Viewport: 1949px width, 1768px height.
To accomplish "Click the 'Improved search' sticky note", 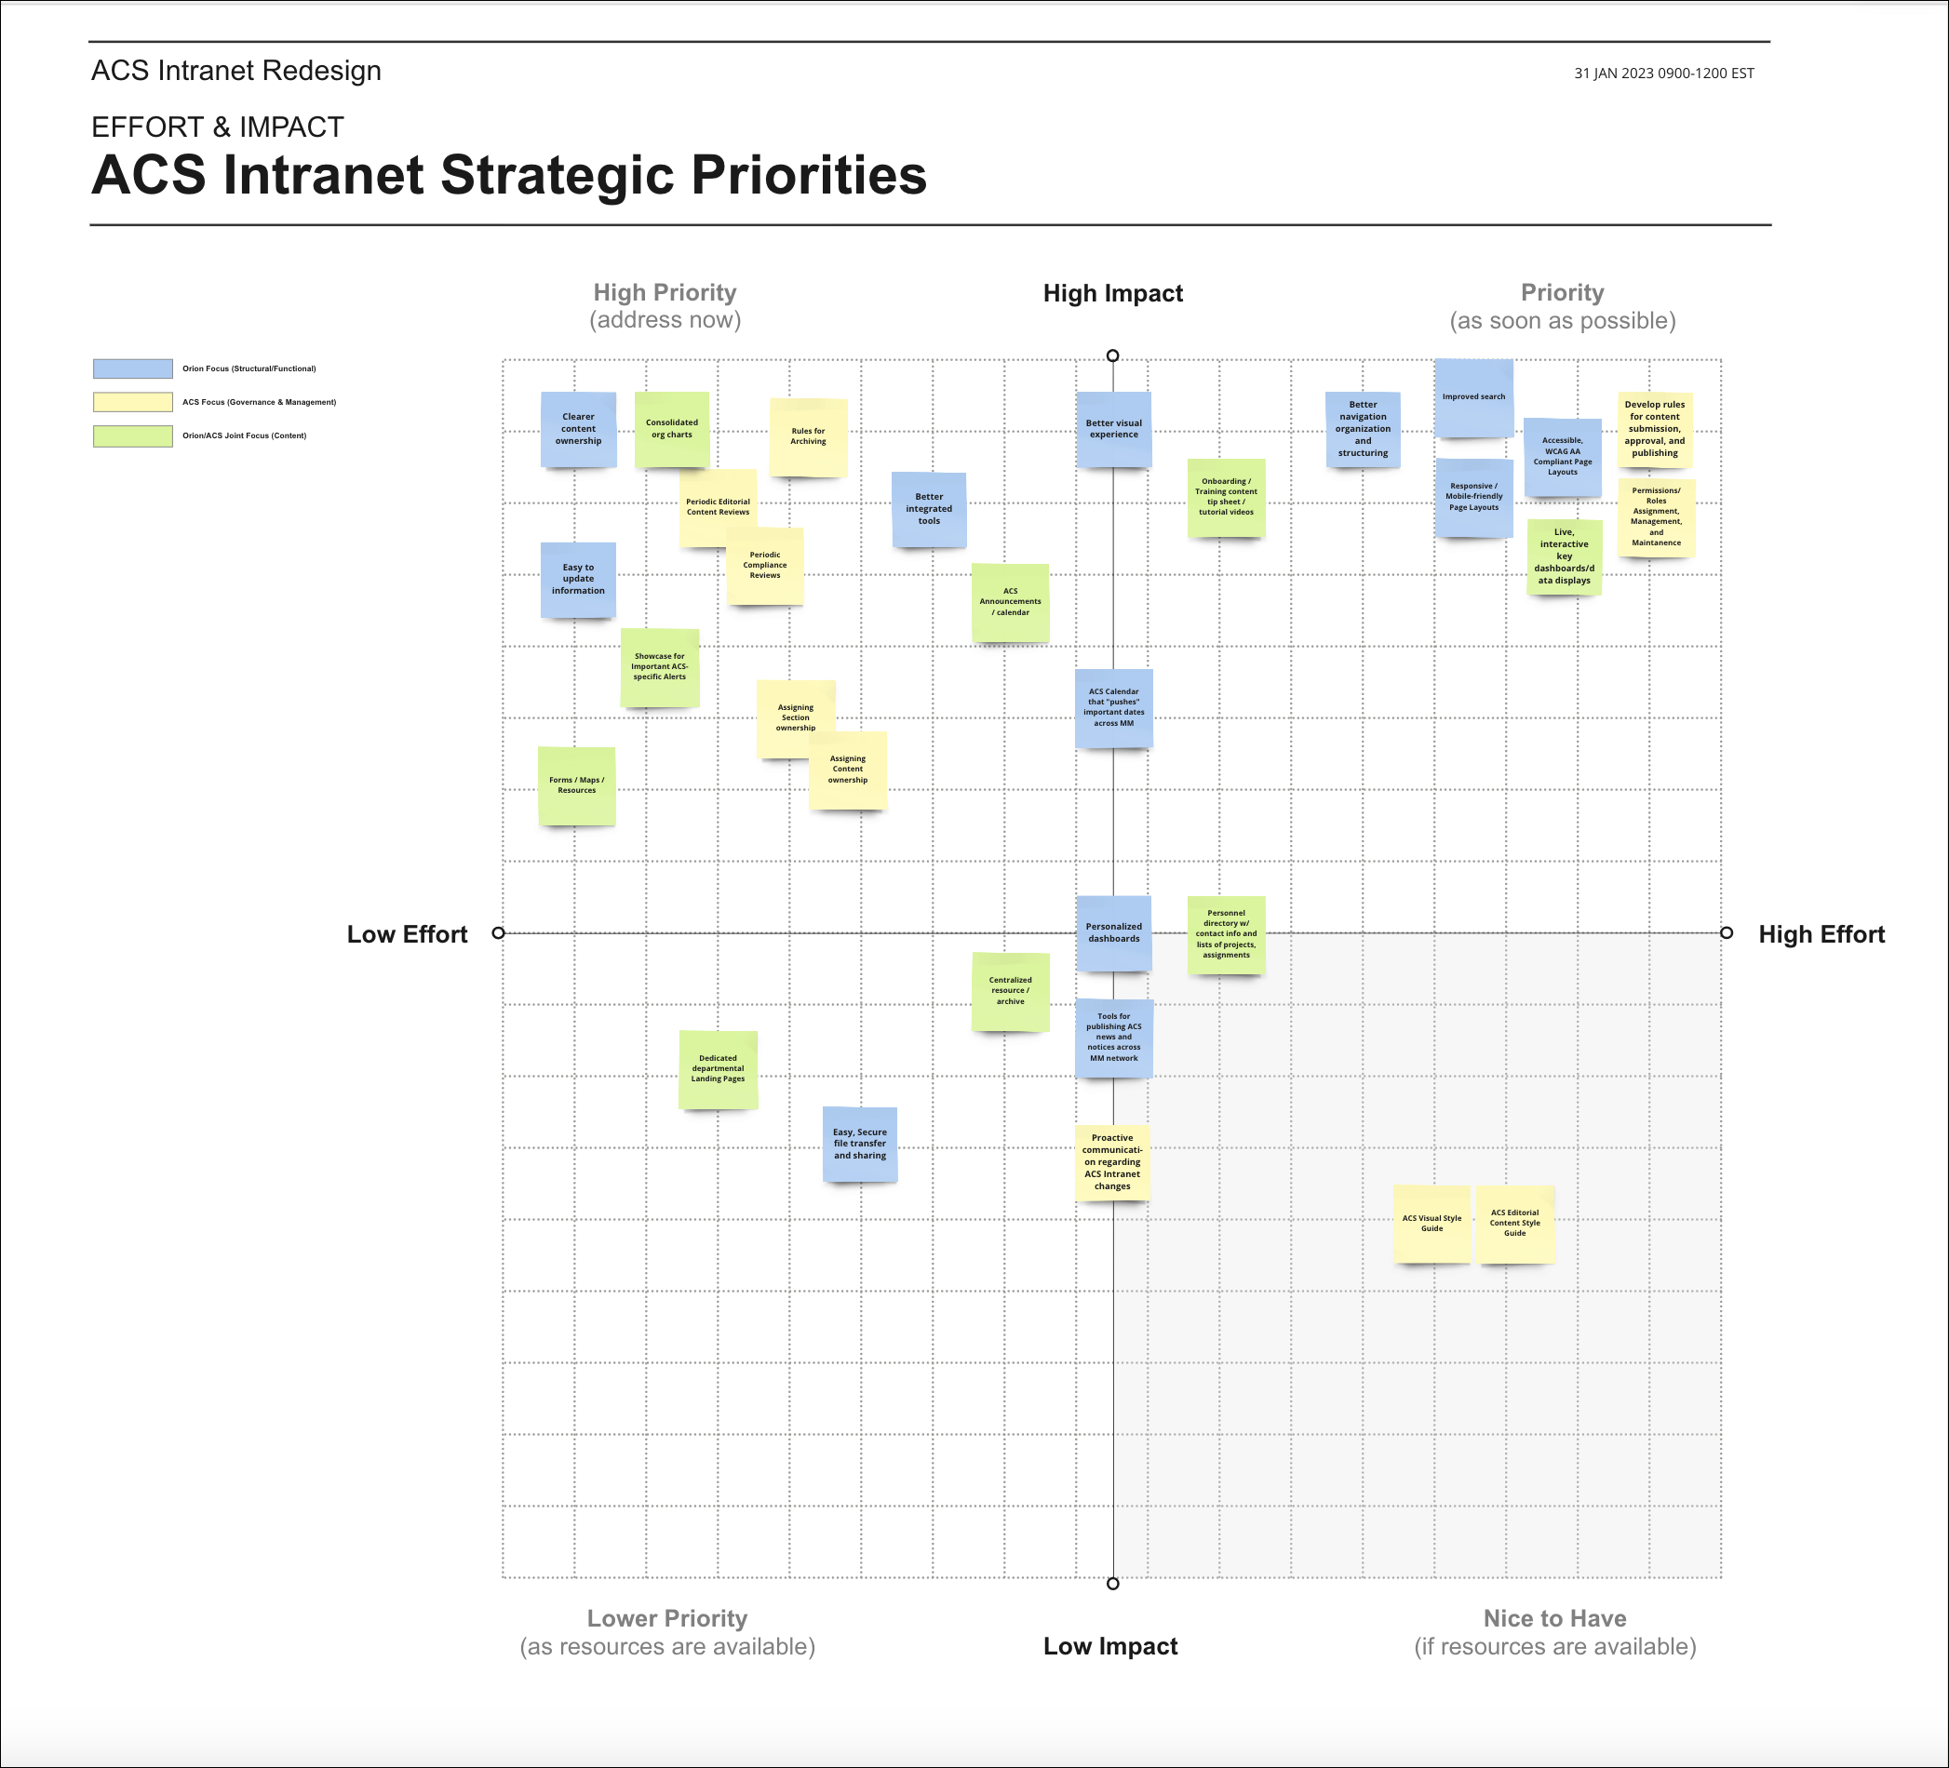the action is click(1473, 397).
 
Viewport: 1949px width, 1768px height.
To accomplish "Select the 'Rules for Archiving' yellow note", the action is click(808, 437).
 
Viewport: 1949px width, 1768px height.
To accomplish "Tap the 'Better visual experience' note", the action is click(1114, 429).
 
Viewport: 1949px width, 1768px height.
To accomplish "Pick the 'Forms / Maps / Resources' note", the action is click(576, 786).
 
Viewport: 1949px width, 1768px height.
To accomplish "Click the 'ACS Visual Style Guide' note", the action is click(1432, 1224).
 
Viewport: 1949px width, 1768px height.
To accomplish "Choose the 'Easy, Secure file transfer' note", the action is click(859, 1145).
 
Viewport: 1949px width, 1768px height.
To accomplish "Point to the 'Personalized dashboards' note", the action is click(1114, 932).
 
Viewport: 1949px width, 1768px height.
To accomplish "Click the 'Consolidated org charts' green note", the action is click(672, 429).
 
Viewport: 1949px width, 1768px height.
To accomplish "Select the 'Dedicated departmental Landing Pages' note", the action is click(719, 1069).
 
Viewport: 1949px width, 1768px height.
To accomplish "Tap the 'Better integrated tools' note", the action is click(929, 509).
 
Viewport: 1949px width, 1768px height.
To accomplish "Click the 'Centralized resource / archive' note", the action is click(1010, 992).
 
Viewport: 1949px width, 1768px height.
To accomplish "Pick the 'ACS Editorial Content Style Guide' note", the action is click(1515, 1224).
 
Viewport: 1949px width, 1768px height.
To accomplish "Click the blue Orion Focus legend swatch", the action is click(132, 368).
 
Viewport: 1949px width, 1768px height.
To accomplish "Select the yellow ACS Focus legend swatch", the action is click(132, 402).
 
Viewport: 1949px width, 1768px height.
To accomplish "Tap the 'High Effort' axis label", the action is click(1821, 933).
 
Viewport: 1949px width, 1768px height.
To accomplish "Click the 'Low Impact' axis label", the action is click(1109, 1646).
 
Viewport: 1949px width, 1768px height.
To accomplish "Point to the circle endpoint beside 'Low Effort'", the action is click(498, 932).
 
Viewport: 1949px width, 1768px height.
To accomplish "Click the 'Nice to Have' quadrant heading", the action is click(1554, 1618).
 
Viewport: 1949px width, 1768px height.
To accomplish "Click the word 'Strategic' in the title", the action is click(556, 176).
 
